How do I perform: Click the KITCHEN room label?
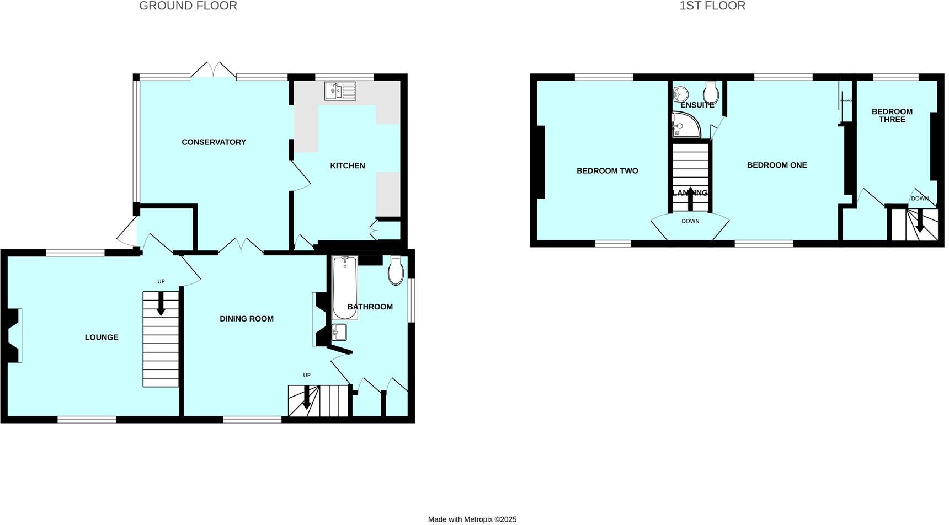coord(348,165)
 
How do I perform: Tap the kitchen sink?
coord(340,91)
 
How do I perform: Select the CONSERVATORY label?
coord(214,142)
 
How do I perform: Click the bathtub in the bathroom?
coord(345,288)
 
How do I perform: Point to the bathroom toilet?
coord(396,271)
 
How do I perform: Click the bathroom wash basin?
coord(339,332)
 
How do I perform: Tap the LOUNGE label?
coord(102,337)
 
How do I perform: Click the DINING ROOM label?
coord(247,319)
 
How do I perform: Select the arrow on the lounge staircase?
coord(161,304)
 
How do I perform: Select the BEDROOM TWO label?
coord(607,171)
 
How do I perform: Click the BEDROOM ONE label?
coord(777,165)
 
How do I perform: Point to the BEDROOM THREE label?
coord(892,115)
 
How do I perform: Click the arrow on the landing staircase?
coord(690,199)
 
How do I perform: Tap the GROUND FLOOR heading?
coord(188,6)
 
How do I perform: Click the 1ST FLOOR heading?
coord(712,6)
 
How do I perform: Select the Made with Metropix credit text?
coord(472,519)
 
